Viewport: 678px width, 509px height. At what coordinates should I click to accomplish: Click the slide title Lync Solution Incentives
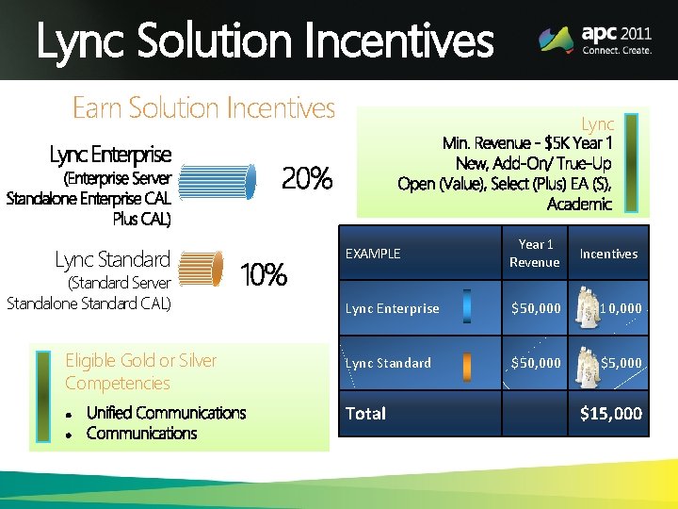265,41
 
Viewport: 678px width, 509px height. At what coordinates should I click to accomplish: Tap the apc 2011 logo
595,40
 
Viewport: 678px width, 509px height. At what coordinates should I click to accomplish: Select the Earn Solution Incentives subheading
203,108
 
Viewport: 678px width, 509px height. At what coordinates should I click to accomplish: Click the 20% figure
307,177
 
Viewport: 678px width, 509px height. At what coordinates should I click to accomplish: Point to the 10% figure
264,275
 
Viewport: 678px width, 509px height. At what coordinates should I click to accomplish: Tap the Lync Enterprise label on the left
110,154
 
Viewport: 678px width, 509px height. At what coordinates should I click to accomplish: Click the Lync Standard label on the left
112,259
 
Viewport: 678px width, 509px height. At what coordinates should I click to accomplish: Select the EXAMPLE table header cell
373,254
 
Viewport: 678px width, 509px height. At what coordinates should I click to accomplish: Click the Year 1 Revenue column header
534,254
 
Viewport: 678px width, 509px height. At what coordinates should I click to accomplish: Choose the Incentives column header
608,254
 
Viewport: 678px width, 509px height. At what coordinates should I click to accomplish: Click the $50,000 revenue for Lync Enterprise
535,308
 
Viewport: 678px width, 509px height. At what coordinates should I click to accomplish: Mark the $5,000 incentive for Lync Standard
621,363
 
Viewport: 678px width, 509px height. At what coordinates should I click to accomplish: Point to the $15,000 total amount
611,413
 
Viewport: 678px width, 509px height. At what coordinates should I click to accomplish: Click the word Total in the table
365,413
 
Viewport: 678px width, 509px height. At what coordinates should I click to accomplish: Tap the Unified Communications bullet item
166,413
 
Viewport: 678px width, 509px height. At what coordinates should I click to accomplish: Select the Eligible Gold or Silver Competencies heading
140,371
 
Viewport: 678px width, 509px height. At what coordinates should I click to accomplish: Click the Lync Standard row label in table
388,363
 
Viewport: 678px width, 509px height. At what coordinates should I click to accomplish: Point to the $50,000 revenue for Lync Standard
535,363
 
